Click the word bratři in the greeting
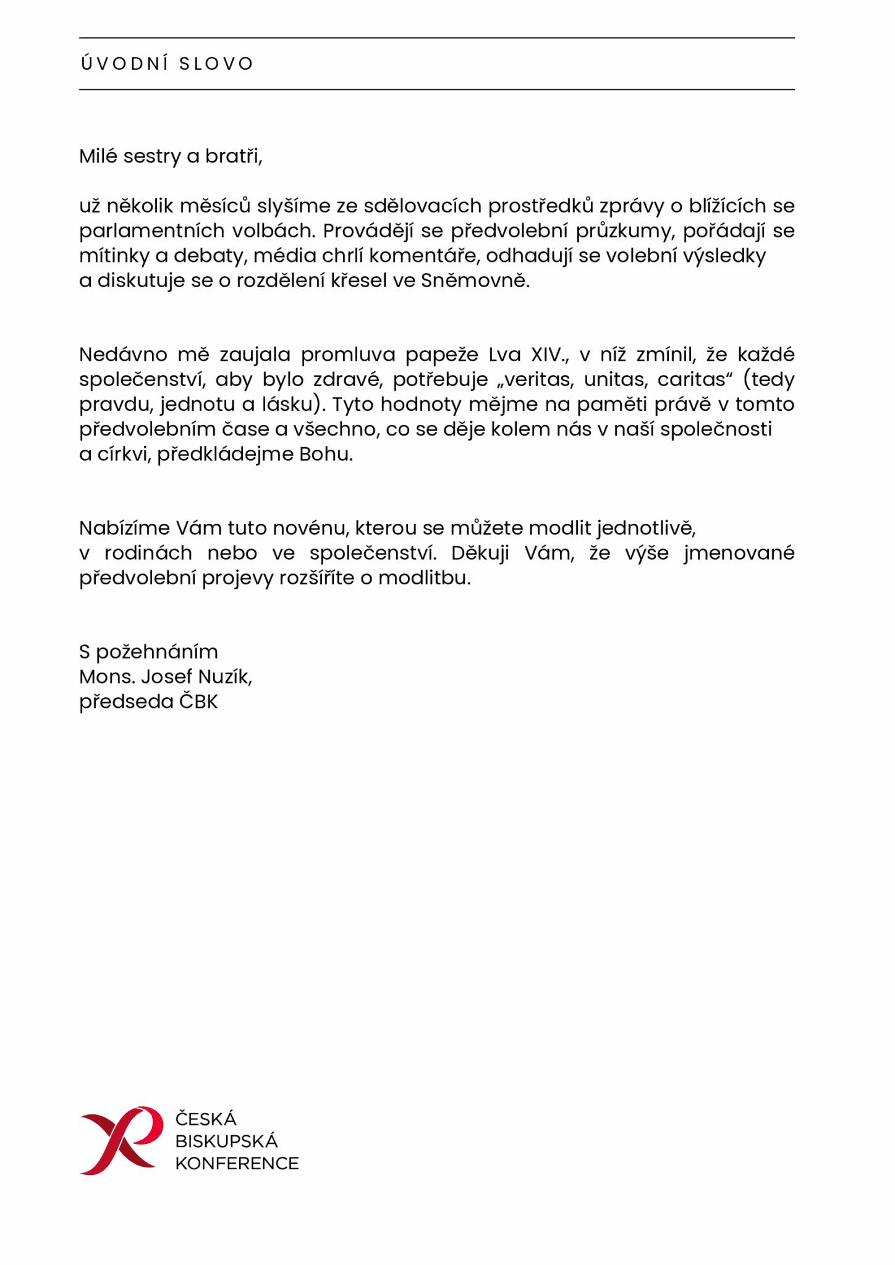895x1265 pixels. [x=233, y=156]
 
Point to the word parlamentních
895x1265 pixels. [x=151, y=231]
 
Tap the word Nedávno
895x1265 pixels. [x=122, y=355]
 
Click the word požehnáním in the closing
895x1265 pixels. [x=157, y=652]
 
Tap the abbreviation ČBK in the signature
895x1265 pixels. [x=198, y=702]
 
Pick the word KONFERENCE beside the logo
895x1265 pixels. [x=237, y=1164]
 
